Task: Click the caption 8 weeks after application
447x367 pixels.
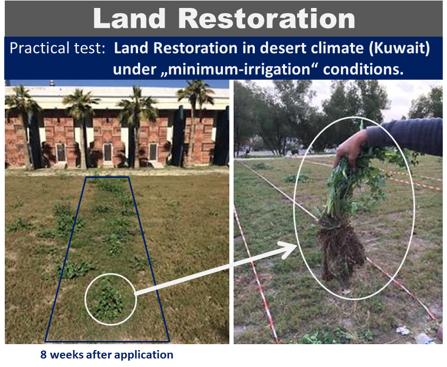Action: click(107, 355)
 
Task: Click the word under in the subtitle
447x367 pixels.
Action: click(129, 69)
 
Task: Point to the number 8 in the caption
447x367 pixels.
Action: click(44, 355)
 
